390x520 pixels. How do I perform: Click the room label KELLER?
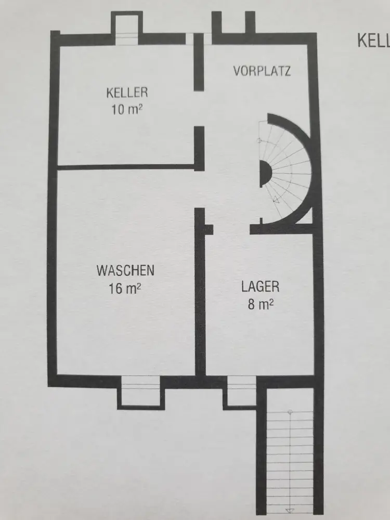tap(127, 93)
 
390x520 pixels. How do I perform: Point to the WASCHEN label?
tap(125, 271)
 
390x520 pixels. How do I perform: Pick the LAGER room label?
tap(260, 287)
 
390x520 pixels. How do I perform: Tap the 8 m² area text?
tap(260, 304)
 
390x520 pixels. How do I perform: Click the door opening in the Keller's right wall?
tap(199, 108)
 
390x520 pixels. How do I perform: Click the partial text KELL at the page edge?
tap(373, 41)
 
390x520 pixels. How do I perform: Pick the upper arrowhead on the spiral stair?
tap(260, 140)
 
